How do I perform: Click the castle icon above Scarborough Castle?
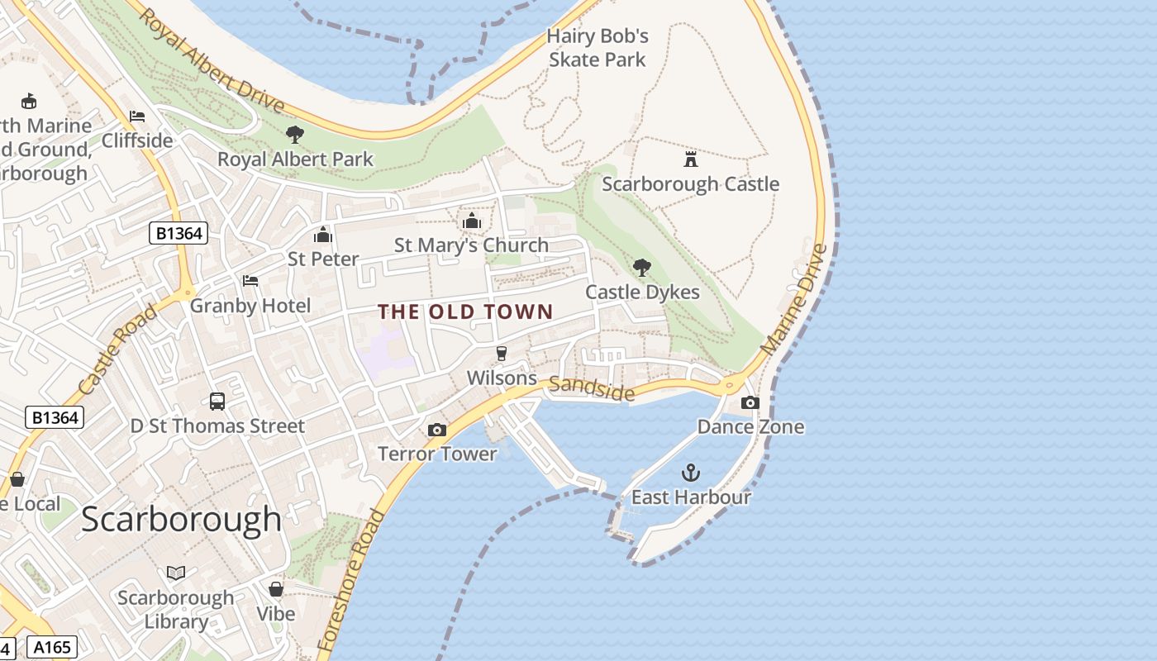click(690, 159)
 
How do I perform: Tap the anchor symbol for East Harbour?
click(690, 473)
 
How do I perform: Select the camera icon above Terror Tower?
click(437, 430)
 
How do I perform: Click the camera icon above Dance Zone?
click(750, 402)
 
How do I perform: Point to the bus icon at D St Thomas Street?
click(217, 402)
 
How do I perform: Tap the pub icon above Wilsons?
click(501, 354)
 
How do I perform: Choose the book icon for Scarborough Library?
click(176, 573)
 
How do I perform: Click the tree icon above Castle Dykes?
click(641, 267)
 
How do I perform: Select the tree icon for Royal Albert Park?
click(295, 134)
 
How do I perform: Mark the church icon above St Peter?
click(323, 235)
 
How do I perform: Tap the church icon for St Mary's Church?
click(472, 221)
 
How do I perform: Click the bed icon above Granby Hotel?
click(250, 281)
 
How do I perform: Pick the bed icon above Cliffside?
click(137, 117)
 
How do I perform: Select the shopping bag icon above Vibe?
click(276, 589)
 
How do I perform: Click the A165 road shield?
click(52, 647)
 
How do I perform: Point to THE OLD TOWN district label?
click(465, 311)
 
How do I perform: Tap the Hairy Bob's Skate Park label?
click(598, 48)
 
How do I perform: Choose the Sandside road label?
click(592, 388)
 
